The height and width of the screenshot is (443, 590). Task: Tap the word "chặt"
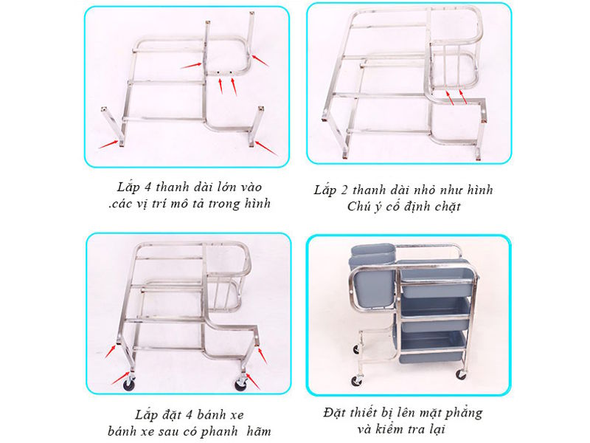[x=444, y=207]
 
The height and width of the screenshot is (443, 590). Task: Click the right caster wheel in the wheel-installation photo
[x=240, y=384]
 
